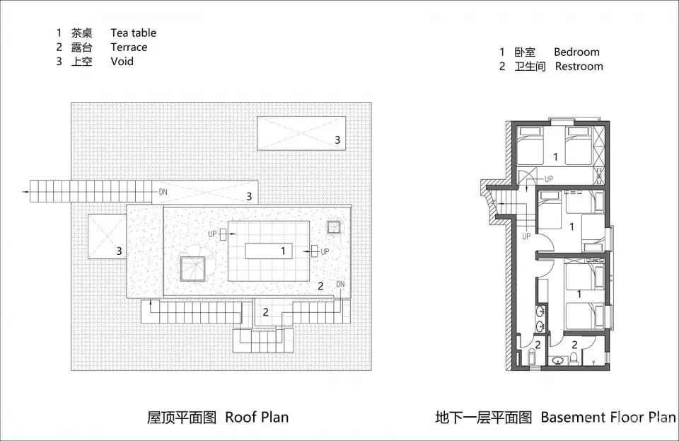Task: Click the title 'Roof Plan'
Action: click(257, 417)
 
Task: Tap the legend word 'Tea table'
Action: click(133, 33)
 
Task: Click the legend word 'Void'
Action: click(122, 61)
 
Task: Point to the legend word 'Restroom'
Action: click(579, 66)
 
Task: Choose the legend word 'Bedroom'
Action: click(576, 52)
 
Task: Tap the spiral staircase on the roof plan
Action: click(192, 268)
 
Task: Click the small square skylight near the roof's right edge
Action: click(334, 227)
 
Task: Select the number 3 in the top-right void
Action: click(337, 140)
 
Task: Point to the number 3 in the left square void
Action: click(120, 250)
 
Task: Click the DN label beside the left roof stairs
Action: click(163, 191)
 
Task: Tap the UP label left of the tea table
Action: click(212, 233)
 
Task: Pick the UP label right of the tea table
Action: click(325, 251)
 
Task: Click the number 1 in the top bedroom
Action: click(555, 156)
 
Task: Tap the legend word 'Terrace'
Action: click(129, 47)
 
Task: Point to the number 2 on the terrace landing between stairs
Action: click(265, 311)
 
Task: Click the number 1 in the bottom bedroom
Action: click(579, 293)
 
